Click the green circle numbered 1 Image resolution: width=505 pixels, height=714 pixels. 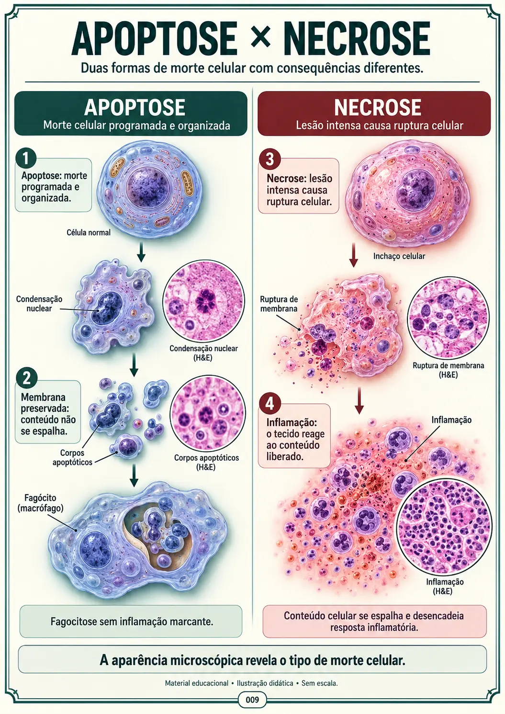[x=26, y=159]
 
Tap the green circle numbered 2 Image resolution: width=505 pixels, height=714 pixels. [x=26, y=378]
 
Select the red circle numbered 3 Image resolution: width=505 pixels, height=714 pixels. [x=269, y=159]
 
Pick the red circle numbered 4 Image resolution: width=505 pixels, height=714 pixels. [x=269, y=404]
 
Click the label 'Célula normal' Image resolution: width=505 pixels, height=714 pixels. [x=89, y=232]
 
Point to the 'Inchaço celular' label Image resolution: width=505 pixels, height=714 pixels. [x=399, y=256]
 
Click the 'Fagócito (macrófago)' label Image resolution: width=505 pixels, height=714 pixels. [x=41, y=503]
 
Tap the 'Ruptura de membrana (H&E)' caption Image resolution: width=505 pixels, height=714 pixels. [x=449, y=370]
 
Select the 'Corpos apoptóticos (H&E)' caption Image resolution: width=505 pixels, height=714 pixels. [x=206, y=462]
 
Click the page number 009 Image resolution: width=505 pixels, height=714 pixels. [x=252, y=700]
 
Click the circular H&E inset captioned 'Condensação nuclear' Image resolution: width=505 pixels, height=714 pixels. [x=203, y=301]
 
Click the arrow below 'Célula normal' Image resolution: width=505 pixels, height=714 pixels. [x=141, y=252]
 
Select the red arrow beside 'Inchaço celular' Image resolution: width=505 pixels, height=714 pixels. [x=353, y=255]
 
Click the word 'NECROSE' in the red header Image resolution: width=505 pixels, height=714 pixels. [x=378, y=107]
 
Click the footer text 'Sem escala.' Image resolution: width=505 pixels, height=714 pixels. [x=320, y=683]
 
